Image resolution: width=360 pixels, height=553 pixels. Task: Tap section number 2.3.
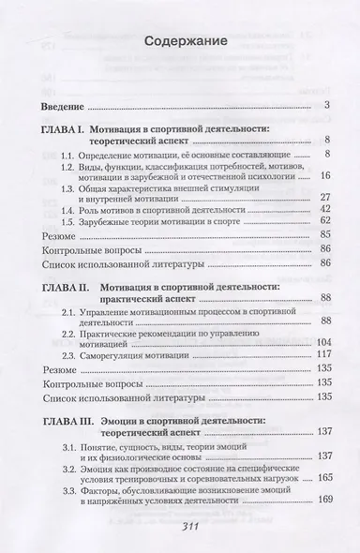click(x=85, y=352)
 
